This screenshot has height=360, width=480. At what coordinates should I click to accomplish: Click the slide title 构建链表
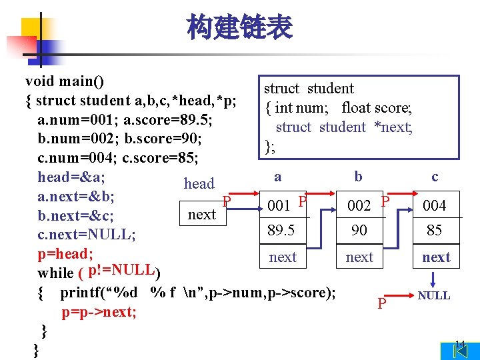(x=239, y=28)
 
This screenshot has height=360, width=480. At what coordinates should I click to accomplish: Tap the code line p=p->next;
(x=99, y=312)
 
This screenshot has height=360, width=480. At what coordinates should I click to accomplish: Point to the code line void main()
(x=65, y=81)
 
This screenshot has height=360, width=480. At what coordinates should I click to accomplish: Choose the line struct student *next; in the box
(x=344, y=127)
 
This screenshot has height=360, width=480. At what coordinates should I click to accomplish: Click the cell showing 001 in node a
(x=278, y=205)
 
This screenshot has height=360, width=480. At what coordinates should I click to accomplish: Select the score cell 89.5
(x=282, y=230)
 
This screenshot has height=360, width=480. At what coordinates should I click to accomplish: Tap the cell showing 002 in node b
(x=359, y=205)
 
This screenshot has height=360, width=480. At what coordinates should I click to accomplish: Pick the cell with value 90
(x=359, y=230)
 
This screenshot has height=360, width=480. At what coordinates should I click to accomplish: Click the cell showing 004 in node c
(x=434, y=205)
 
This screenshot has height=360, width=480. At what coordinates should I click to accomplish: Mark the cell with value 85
(x=434, y=230)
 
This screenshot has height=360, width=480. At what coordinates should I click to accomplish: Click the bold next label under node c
(x=436, y=257)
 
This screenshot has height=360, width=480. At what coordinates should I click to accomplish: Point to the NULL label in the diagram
(x=434, y=295)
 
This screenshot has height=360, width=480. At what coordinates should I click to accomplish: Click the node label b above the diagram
(x=359, y=176)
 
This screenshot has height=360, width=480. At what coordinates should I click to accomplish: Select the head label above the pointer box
(x=199, y=183)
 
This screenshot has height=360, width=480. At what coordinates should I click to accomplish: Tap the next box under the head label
(x=202, y=214)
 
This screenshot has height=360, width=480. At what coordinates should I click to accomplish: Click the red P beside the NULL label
(x=382, y=304)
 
